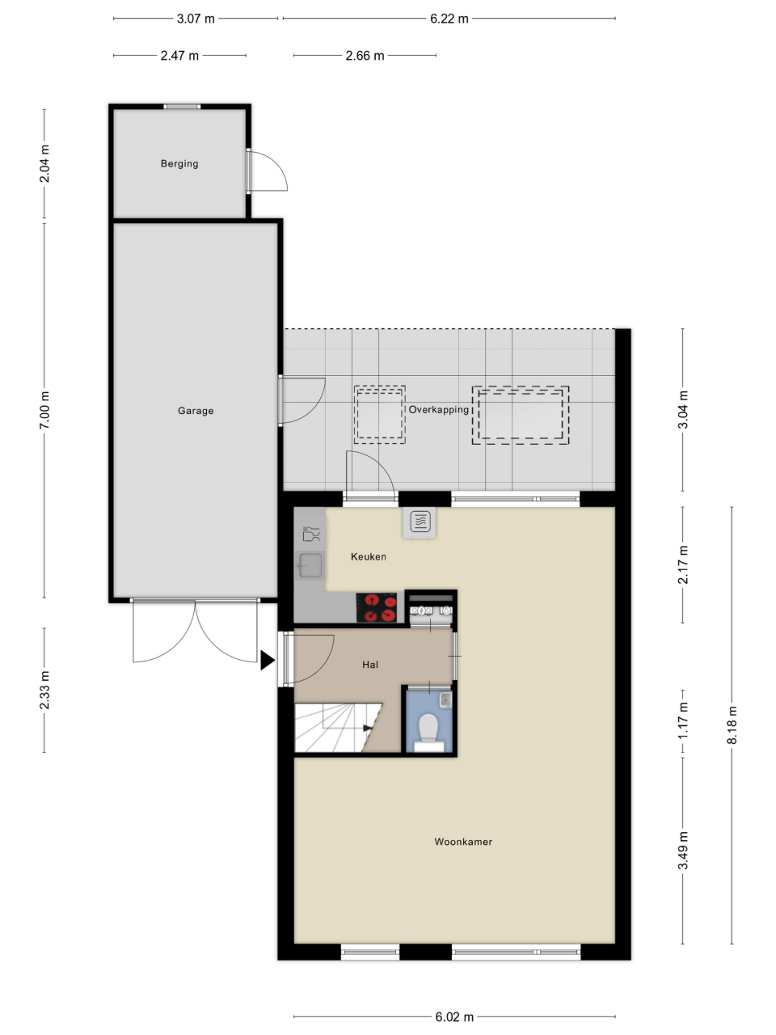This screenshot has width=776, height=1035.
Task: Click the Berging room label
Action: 179,163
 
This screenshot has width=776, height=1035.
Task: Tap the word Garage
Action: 196,411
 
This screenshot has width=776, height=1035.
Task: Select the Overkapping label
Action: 438,410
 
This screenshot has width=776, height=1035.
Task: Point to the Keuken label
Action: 369,557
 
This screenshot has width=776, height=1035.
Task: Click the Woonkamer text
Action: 463,842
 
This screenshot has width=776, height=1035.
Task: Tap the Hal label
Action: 370,665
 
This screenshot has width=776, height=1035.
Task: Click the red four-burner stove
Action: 377,607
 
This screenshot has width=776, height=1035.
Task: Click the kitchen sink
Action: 310,565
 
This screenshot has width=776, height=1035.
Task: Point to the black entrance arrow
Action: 267,660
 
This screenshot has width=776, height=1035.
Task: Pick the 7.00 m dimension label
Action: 44,410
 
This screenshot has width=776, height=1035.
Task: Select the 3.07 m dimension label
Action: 196,19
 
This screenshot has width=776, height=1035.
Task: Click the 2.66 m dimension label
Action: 365,56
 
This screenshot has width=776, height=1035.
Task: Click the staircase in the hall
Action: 338,728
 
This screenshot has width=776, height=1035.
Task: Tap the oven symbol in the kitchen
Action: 420,522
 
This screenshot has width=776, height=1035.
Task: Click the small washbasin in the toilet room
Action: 445,699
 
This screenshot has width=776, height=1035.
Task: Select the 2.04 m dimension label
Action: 44,163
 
